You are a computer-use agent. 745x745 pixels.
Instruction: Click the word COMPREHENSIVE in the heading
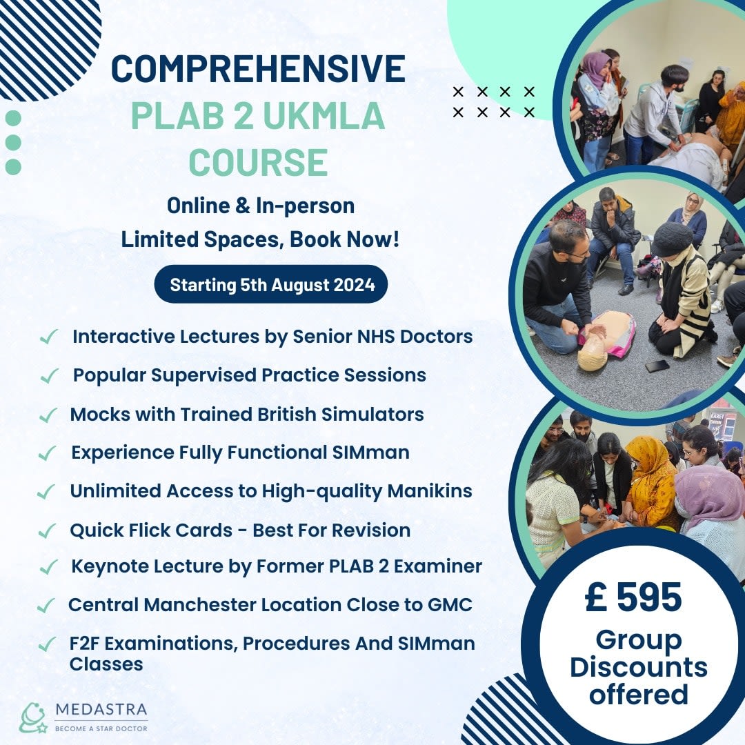258,69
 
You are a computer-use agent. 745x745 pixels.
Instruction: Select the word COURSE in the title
258,163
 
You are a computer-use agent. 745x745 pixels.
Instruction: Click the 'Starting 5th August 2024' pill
271,284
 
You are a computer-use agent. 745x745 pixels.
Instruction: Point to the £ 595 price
633,597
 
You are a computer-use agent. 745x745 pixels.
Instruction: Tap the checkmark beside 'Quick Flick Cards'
47,531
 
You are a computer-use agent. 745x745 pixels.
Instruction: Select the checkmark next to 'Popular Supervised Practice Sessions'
49,377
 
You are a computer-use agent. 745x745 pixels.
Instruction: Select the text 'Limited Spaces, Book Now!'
260,239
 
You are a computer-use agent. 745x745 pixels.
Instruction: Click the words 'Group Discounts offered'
638,666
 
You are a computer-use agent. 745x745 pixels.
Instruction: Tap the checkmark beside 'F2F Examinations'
47,644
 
